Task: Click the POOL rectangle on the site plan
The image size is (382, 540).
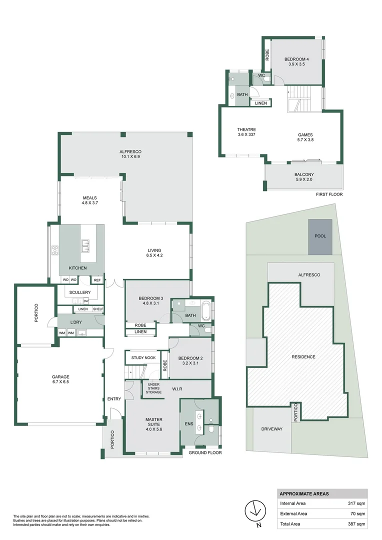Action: [320, 235]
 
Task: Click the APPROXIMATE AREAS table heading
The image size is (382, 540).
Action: [304, 493]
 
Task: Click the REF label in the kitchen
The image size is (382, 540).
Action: [97, 280]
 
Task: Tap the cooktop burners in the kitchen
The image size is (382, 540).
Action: [55, 250]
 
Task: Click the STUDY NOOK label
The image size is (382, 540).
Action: [143, 358]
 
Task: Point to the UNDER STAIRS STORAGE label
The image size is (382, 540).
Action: [154, 388]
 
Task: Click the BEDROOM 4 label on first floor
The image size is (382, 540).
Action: [296, 62]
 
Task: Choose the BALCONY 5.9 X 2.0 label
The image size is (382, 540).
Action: [304, 177]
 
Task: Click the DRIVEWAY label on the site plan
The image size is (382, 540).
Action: [272, 429]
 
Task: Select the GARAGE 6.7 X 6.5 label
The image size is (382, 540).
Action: [60, 380]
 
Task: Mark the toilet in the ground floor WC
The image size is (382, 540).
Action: [207, 329]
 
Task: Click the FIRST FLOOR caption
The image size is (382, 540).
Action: [329, 194]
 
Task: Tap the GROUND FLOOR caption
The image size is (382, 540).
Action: [205, 452]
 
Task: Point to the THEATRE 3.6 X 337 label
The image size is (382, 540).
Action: [246, 132]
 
